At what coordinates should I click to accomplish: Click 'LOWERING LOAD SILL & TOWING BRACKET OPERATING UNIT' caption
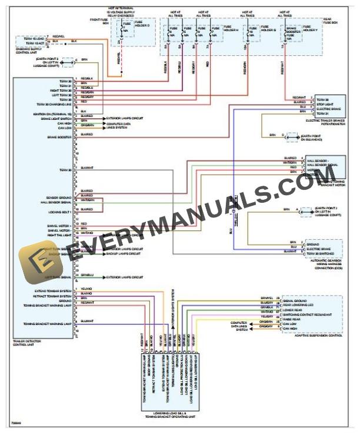coord(170,414)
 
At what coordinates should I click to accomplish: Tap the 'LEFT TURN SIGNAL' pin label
coord(61,276)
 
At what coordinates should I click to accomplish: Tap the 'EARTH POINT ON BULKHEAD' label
coord(311,138)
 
